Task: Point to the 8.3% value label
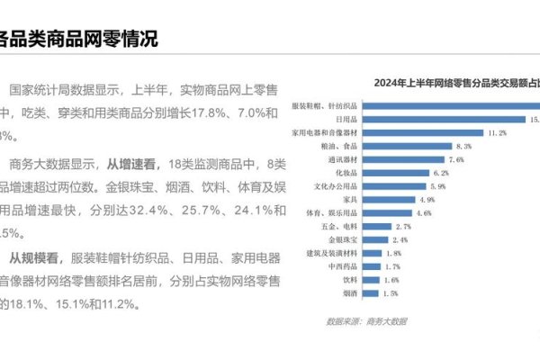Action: [x=464, y=146]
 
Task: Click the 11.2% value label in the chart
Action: [x=498, y=132]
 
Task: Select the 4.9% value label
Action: [x=427, y=200]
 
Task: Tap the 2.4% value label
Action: [x=401, y=240]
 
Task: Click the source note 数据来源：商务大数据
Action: [x=366, y=320]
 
